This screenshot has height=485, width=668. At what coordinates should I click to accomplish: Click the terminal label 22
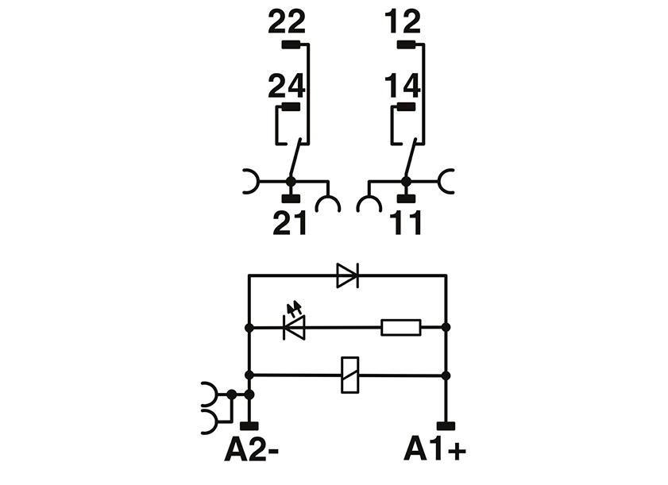point(287,22)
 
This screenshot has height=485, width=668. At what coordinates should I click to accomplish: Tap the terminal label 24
point(287,85)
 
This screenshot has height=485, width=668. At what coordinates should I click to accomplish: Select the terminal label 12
point(402,22)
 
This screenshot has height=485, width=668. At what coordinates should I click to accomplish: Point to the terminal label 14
point(402,85)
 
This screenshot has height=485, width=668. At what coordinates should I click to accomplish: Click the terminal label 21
point(289,225)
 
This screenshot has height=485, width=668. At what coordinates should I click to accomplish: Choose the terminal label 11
point(405,225)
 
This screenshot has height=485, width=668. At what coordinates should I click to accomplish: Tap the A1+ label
point(434,451)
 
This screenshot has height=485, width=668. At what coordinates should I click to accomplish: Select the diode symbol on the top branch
point(347,275)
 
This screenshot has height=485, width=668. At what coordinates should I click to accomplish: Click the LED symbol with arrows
point(295,325)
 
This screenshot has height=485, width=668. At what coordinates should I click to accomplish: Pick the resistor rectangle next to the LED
point(400,326)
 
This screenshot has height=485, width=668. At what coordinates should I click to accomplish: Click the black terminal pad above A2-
point(249,426)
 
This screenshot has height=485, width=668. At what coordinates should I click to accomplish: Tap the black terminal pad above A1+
point(446,426)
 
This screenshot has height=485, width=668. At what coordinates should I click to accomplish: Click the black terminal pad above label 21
point(290,196)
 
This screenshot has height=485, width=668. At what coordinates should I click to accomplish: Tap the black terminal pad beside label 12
point(407,44)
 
